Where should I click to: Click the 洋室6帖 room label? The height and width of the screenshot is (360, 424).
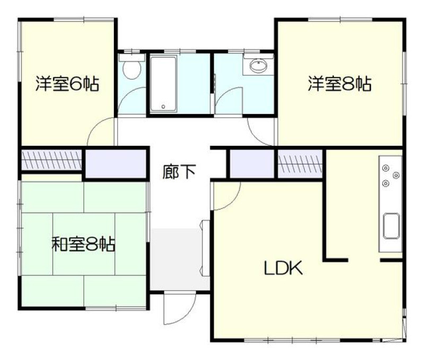point(67,84)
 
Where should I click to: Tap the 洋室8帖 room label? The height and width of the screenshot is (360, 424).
point(340,84)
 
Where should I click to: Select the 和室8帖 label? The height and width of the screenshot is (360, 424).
point(83,244)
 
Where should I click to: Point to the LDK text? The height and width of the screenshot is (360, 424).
point(283,268)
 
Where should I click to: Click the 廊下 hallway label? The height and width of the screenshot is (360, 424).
point(179,171)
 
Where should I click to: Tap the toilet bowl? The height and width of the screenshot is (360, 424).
point(131,69)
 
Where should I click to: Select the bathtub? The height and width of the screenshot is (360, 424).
point(163,84)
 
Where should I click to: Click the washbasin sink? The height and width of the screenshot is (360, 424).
point(258,65)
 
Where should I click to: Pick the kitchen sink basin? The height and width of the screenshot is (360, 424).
point(392,226)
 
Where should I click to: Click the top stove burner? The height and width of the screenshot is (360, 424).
point(385,168)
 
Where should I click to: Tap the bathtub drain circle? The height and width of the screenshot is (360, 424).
point(163,107)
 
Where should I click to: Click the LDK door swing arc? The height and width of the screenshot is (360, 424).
point(233,202)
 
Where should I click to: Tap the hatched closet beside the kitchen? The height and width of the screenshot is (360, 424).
point(300,164)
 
